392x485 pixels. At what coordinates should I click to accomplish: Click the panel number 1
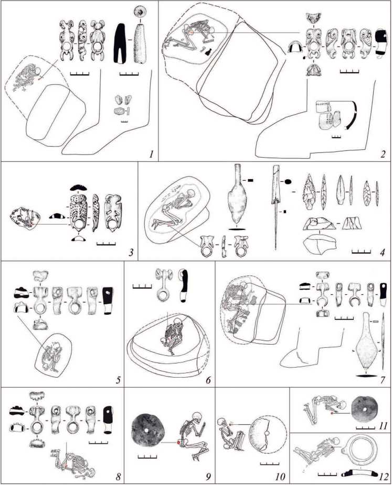[x=151, y=154]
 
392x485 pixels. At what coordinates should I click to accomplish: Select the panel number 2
[x=383, y=154]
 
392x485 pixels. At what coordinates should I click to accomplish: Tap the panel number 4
[x=383, y=252]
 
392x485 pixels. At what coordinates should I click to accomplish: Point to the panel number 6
[x=208, y=380]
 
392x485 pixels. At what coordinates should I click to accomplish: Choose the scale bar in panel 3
[x=106, y=244]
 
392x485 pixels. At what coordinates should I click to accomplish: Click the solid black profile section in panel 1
[x=121, y=43]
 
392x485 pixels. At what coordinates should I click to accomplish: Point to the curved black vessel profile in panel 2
[x=352, y=115]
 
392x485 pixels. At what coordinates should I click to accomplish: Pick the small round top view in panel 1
[x=140, y=12]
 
